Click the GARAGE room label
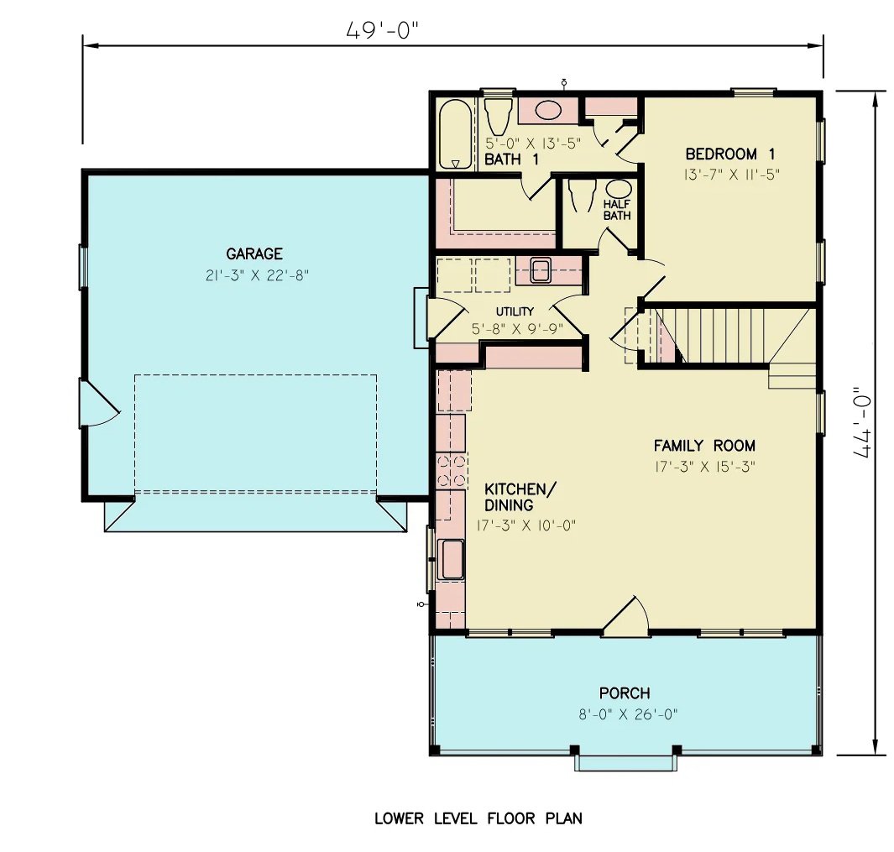click(x=254, y=254)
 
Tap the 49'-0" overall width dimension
click(x=382, y=30)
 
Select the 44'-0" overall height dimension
click(x=862, y=424)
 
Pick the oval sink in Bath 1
click(x=549, y=110)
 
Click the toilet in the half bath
click(x=581, y=196)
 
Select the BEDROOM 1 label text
click(x=729, y=154)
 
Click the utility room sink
click(x=540, y=270)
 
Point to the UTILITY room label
click(x=515, y=311)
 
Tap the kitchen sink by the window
click(x=452, y=560)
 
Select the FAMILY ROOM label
click(x=704, y=446)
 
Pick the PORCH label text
click(x=624, y=693)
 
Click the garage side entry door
click(x=99, y=402)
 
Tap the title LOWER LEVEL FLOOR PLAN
click(x=478, y=818)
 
